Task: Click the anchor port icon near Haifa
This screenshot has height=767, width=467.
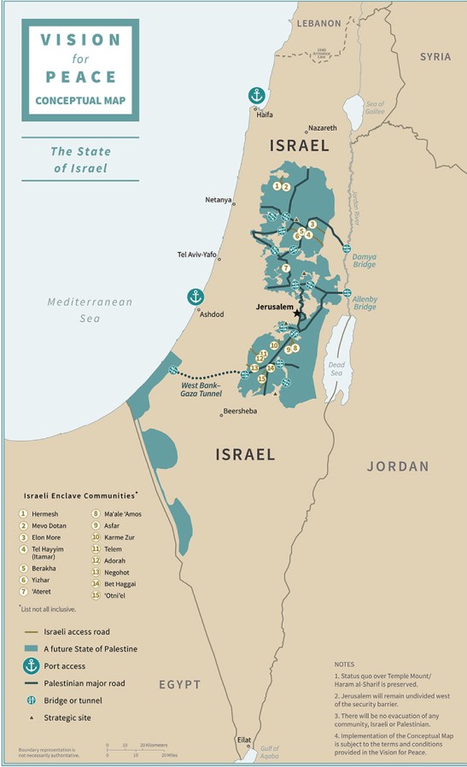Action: pyautogui.click(x=255, y=95)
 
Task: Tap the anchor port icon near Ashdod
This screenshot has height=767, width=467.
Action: pyautogui.click(x=196, y=297)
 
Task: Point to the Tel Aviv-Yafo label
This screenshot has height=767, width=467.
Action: pyautogui.click(x=196, y=255)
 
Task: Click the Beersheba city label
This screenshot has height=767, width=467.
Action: pyautogui.click(x=239, y=412)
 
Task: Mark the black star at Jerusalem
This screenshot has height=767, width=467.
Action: pyautogui.click(x=297, y=313)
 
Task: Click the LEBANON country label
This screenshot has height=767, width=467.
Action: pyautogui.click(x=318, y=24)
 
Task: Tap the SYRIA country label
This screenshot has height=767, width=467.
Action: pyautogui.click(x=435, y=56)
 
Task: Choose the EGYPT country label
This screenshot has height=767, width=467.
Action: pyautogui.click(x=180, y=684)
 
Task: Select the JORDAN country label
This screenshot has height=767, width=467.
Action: pyautogui.click(x=398, y=466)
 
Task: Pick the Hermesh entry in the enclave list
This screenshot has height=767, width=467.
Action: pyautogui.click(x=45, y=513)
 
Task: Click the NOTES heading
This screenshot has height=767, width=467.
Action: pyautogui.click(x=344, y=664)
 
